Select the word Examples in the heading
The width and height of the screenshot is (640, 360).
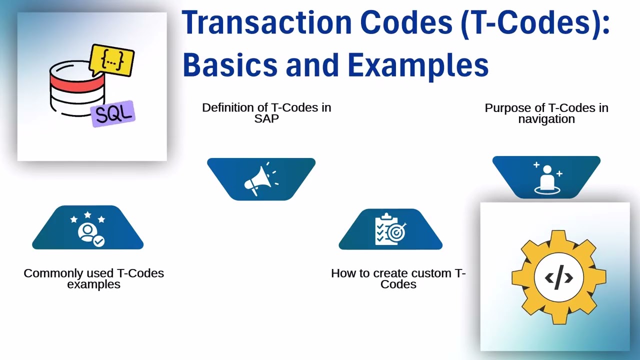coord(418,65)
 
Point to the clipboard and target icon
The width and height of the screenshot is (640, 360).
coord(390,229)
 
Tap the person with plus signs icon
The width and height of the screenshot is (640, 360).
coord(547,177)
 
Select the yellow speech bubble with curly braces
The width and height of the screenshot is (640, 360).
coord(112,60)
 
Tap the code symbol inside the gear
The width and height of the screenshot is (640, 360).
coord(558,277)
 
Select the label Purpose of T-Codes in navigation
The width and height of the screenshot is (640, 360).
coord(546,113)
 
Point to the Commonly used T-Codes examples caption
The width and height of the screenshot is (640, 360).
coord(94,278)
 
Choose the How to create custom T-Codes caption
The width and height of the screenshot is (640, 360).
coord(398,278)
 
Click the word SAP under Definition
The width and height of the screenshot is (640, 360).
coord(266,119)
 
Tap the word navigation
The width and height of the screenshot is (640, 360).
coord(546,119)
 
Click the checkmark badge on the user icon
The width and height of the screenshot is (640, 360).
coord(99,241)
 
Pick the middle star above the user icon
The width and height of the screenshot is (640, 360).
coord(88,215)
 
